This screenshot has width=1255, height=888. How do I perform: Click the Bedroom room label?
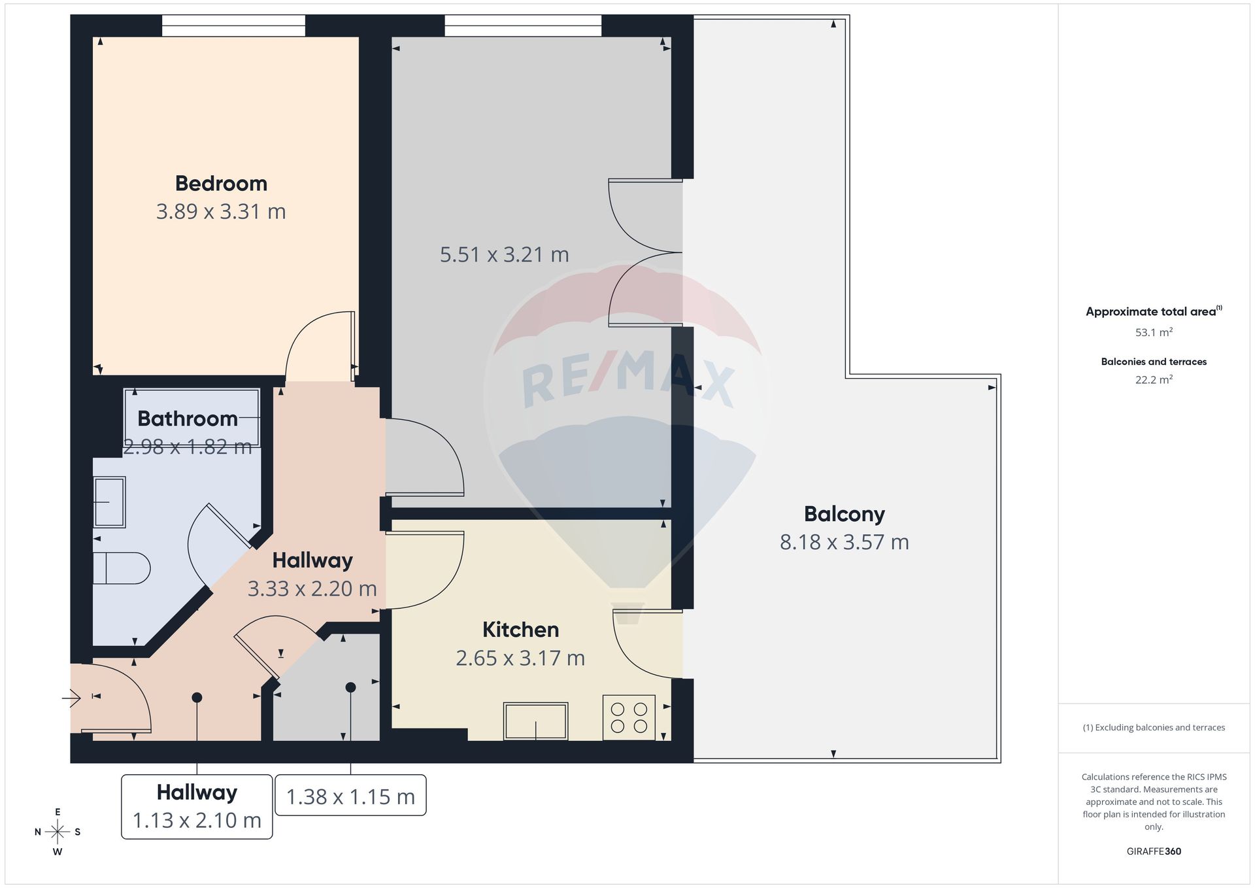click(x=221, y=183)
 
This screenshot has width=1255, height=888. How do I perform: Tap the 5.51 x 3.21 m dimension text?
click(x=504, y=254)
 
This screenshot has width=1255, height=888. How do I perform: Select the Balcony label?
click(x=844, y=514)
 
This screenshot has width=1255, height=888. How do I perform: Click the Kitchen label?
click(x=520, y=629)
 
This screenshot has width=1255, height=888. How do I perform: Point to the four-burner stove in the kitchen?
click(x=629, y=717)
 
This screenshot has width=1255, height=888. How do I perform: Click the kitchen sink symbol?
click(x=535, y=721)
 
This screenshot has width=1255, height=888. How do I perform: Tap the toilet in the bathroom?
click(x=122, y=568)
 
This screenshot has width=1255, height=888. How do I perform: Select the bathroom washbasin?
click(x=109, y=502)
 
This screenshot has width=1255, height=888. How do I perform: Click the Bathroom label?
click(x=188, y=418)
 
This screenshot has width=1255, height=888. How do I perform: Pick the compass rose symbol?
click(x=58, y=832)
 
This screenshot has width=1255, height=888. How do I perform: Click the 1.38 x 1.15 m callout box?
click(x=350, y=795)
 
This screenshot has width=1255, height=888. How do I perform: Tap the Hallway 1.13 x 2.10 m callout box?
click(x=197, y=806)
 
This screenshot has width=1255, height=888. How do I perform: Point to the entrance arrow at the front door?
click(x=71, y=699)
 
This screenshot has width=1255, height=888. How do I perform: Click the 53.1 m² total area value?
click(x=1154, y=332)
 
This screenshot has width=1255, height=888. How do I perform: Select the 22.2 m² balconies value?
click(x=1154, y=379)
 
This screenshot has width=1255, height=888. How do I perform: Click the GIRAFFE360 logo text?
click(x=1154, y=851)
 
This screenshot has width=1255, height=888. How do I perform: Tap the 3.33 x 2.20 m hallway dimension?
click(x=312, y=589)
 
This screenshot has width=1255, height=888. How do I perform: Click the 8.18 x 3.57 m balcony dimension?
click(x=844, y=542)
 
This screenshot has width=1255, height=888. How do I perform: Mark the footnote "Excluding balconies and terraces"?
click(x=1160, y=727)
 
